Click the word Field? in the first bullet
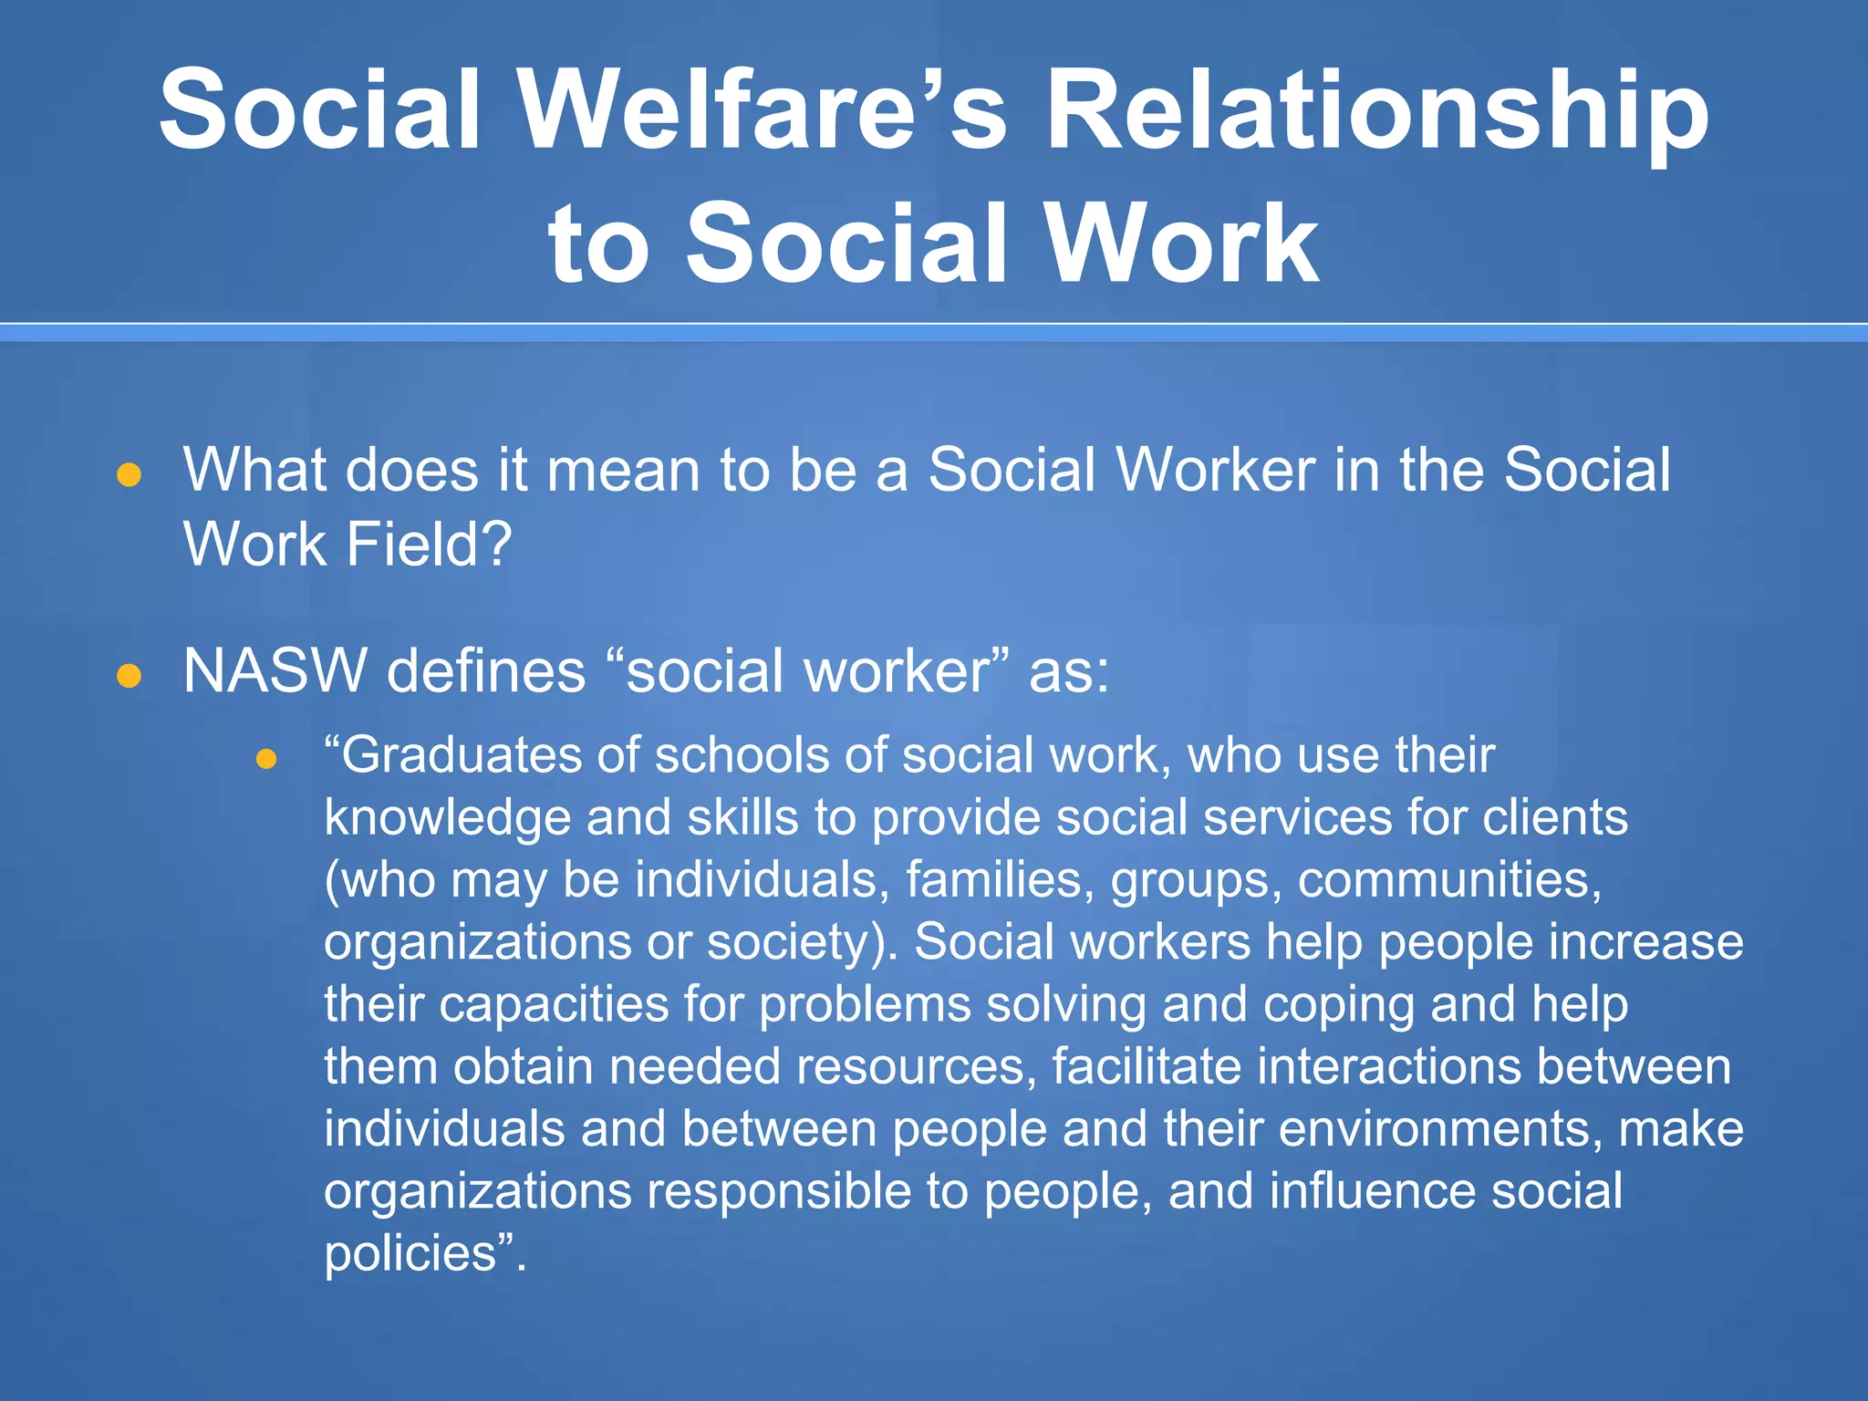click(x=429, y=545)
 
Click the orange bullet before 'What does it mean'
click(x=129, y=474)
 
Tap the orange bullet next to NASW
click(x=129, y=675)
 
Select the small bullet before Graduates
click(x=266, y=759)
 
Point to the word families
click(x=1000, y=880)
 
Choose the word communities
click(x=1448, y=880)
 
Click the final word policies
click(x=410, y=1253)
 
